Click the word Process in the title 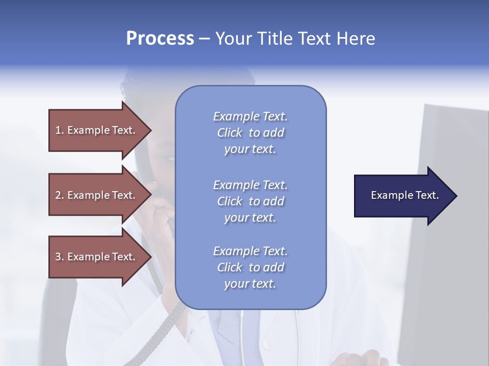(x=160, y=39)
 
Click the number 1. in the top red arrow (x=60, y=130)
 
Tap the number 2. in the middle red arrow (x=60, y=195)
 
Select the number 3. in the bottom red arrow (x=60, y=257)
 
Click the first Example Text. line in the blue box (x=250, y=116)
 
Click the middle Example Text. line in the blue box (x=250, y=185)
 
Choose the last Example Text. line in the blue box (x=250, y=251)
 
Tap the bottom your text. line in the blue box (x=250, y=284)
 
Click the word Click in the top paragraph (x=230, y=133)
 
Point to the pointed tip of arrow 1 (x=150, y=130)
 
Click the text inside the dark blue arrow (x=405, y=195)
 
